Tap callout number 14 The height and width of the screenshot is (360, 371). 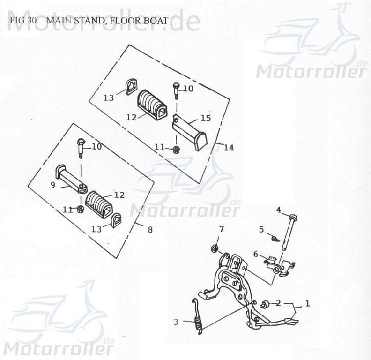pyautogui.click(x=228, y=148)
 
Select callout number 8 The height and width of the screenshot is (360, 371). pyautogui.click(x=150, y=230)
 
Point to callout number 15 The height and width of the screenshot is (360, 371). pyautogui.click(x=206, y=118)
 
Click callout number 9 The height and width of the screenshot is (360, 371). pyautogui.click(x=53, y=185)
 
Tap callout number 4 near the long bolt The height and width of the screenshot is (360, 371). pyautogui.click(x=278, y=210)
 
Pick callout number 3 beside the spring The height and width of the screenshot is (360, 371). pyautogui.click(x=176, y=322)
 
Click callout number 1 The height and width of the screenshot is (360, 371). pyautogui.click(x=307, y=303)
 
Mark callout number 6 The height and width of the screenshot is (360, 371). pyautogui.click(x=256, y=254)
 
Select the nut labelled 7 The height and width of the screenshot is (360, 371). pyautogui.click(x=216, y=247)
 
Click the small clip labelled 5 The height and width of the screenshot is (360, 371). pyautogui.click(x=276, y=238)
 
